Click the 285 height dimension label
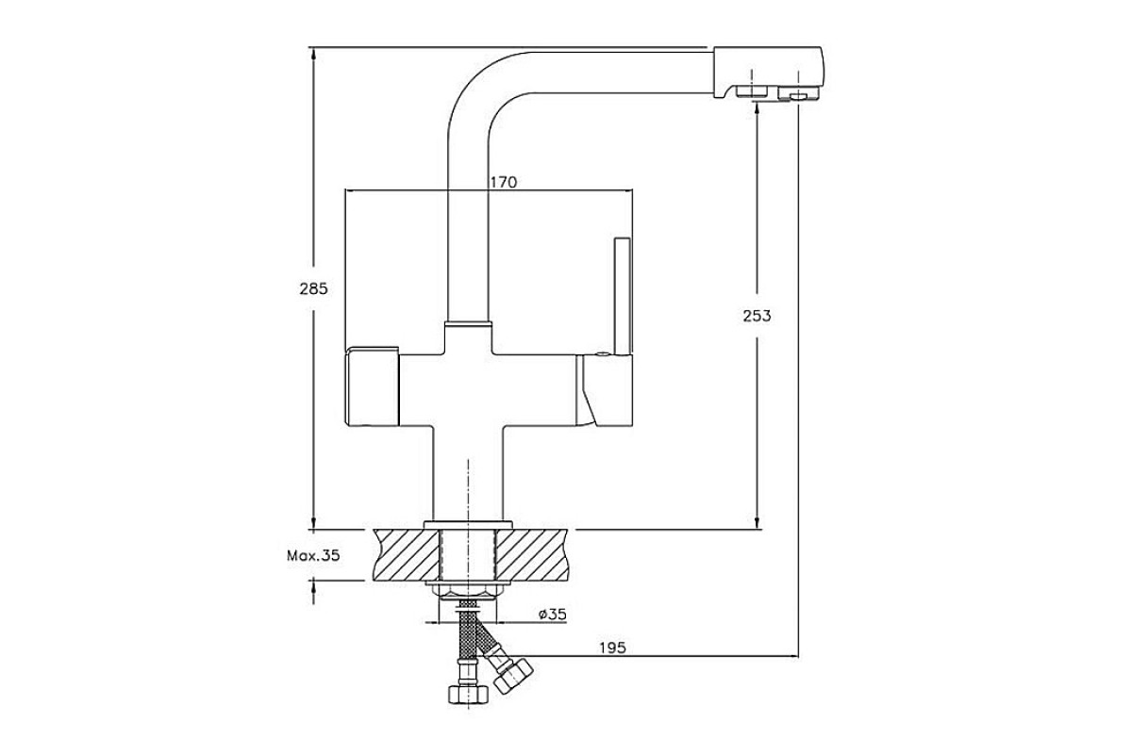tap(313, 288)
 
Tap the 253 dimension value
tap(757, 316)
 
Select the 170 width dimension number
tap(504, 182)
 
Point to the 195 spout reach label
tap(612, 647)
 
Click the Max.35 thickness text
tap(313, 556)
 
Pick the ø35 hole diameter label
tap(553, 615)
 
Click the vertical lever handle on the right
tap(622, 297)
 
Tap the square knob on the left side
tap(372, 386)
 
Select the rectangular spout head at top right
tap(768, 73)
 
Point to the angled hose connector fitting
tap(513, 675)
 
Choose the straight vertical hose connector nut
tap(469, 694)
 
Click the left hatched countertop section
tap(406, 554)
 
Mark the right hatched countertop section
tap(533, 554)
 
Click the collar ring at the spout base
tap(468, 324)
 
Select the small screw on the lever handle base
tap(601, 354)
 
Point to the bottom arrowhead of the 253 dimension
tap(757, 522)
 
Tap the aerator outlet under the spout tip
tap(797, 94)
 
